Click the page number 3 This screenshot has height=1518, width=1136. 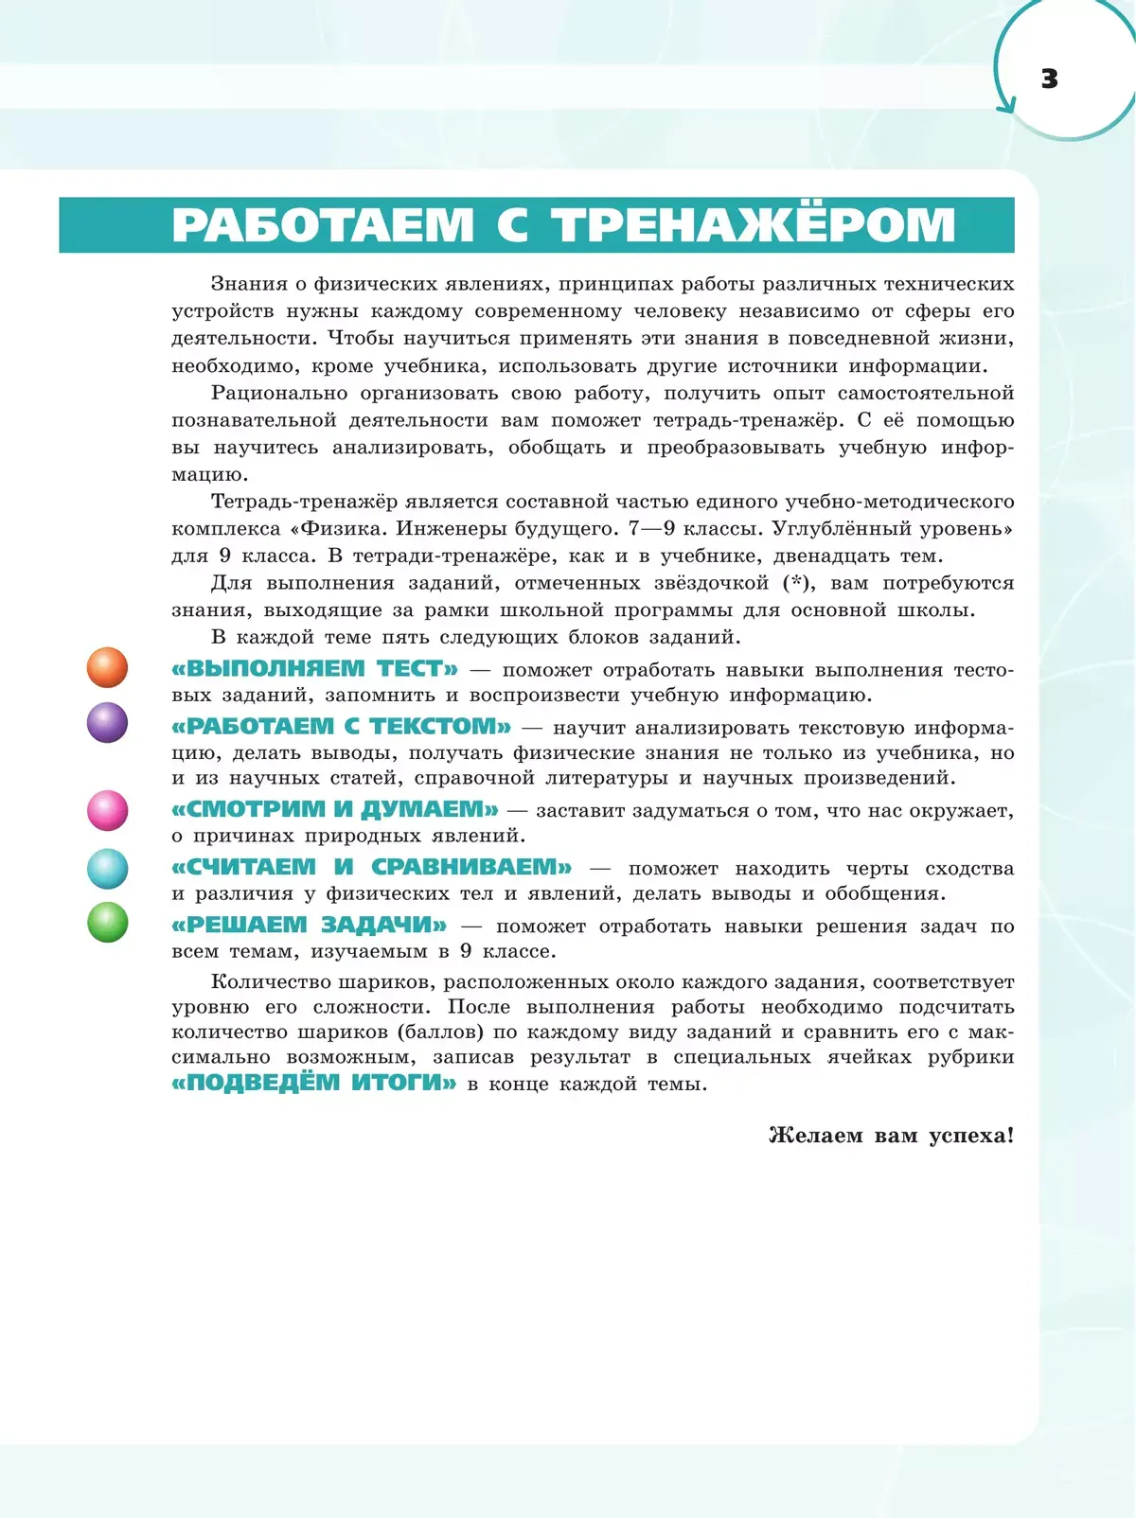click(x=1049, y=79)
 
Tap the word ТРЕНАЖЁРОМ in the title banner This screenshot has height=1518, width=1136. click(x=754, y=225)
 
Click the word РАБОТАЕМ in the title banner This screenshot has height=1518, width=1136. click(x=323, y=225)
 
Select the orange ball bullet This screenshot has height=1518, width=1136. click(x=107, y=667)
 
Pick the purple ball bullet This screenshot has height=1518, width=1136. click(x=107, y=723)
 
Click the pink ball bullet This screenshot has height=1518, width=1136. click(x=107, y=810)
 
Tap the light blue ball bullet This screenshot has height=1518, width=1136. click(x=107, y=868)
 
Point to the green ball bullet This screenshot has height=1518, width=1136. click(x=107, y=923)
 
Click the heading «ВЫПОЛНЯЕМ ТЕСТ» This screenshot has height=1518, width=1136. click(x=314, y=669)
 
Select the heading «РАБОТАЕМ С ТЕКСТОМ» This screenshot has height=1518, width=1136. click(x=341, y=727)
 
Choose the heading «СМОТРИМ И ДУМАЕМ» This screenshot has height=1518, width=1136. click(x=334, y=810)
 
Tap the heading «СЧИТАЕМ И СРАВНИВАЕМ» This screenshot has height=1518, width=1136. click(x=371, y=867)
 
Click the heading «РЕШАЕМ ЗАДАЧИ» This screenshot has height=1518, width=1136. click(x=309, y=925)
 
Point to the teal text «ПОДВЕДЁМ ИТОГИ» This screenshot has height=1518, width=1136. click(x=314, y=1083)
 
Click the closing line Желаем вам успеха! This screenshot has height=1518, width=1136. click(x=891, y=1135)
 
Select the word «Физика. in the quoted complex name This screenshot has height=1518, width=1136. click(x=339, y=529)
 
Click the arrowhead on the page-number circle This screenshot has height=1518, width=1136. click(x=1006, y=105)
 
